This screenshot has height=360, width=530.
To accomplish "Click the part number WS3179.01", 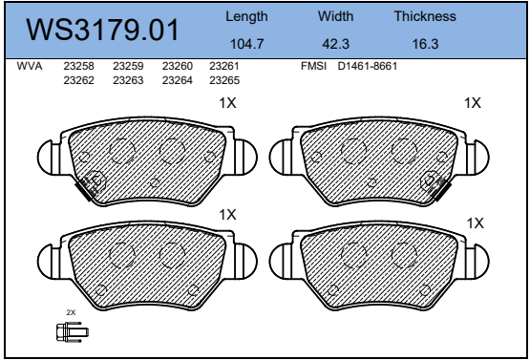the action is pos(102,30).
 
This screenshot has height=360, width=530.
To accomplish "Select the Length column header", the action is pos(246,17).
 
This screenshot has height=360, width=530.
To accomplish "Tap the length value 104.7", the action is pos(246,44).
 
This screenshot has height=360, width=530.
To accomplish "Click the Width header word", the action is pos(335,16).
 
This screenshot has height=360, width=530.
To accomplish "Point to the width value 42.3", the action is pos(335,44).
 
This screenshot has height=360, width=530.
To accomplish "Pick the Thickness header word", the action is pos(425,16).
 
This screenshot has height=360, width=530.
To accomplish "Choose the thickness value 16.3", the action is pos(425,44).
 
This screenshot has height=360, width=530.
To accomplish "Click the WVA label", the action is pos(30,66).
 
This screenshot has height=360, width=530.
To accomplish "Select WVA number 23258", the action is pos(78,66).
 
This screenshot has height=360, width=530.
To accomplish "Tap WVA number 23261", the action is pos(224,66).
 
